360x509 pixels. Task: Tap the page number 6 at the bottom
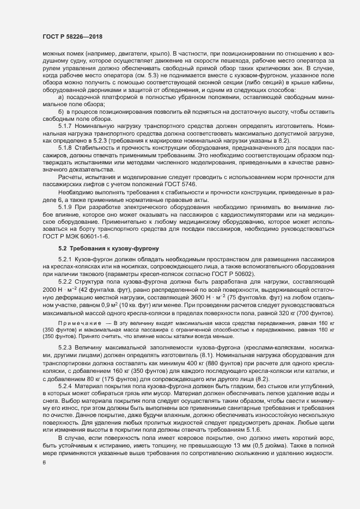click(x=44, y=463)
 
